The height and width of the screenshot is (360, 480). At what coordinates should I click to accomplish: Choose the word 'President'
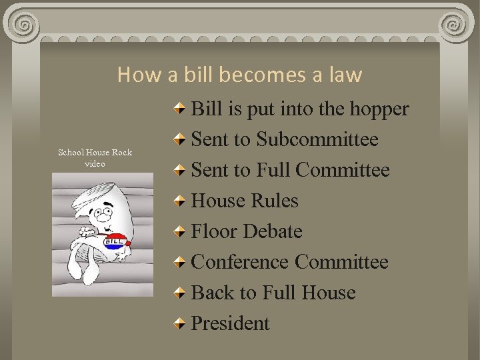[230, 323]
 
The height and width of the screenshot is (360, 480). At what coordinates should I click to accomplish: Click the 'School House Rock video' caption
[95, 158]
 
